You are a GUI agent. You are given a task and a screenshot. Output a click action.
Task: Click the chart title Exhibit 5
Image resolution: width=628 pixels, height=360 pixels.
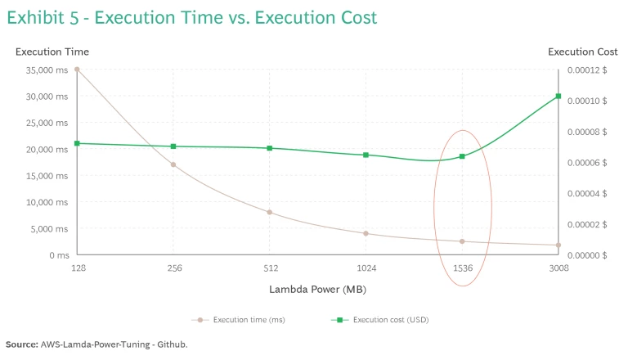click(x=191, y=17)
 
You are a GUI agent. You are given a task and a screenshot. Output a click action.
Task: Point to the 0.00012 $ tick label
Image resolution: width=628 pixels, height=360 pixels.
click(x=588, y=70)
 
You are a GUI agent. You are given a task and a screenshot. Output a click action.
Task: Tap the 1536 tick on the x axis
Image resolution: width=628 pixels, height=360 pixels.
click(x=462, y=268)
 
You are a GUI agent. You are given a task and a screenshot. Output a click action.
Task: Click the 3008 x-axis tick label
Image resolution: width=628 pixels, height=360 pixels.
click(x=558, y=268)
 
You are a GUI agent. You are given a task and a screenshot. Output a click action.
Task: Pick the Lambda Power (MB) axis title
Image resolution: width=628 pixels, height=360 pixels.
click(x=318, y=289)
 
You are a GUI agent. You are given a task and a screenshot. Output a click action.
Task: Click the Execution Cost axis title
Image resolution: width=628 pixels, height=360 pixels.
click(x=582, y=52)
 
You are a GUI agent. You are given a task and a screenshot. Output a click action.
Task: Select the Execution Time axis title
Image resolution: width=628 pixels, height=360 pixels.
click(x=52, y=52)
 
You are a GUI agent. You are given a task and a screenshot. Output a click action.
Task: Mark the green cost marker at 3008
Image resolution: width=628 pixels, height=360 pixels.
click(x=558, y=97)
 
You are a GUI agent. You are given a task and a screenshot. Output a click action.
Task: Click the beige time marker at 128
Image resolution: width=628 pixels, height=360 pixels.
click(x=78, y=70)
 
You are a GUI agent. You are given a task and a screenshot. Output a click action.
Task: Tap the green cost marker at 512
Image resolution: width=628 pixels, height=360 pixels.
click(x=270, y=148)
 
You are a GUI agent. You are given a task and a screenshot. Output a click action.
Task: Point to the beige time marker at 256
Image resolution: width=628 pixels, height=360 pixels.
click(x=173, y=164)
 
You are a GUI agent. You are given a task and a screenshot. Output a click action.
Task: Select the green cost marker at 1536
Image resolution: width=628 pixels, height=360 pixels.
click(x=462, y=156)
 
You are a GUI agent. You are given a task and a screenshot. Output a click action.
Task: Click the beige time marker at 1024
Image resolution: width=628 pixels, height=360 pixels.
click(x=366, y=233)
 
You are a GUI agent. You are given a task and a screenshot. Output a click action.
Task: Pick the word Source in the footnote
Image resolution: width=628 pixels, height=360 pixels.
click(x=21, y=344)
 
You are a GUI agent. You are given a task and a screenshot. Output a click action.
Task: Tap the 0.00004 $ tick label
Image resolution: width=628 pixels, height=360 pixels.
click(x=588, y=193)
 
